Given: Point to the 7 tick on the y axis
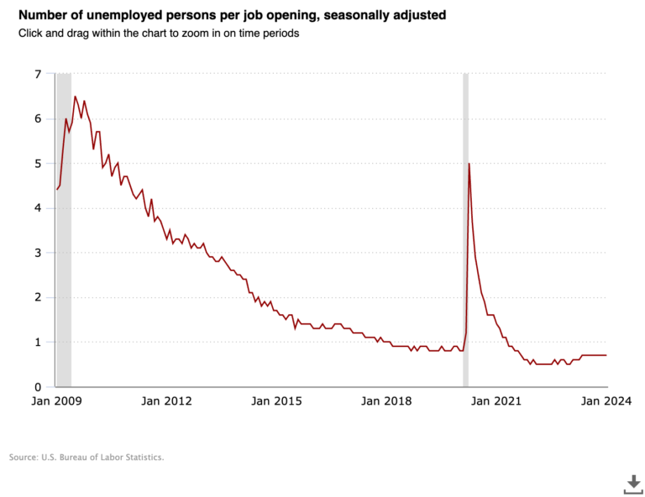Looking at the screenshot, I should pyautogui.click(x=37, y=74).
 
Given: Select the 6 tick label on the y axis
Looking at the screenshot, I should pyautogui.click(x=37, y=118).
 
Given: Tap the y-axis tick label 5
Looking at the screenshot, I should pyautogui.click(x=37, y=164).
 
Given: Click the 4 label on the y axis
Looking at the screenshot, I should pyautogui.click(x=37, y=208).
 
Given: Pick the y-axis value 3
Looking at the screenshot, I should pyautogui.click(x=37, y=253).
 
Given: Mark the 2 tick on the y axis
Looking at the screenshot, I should pyautogui.click(x=37, y=297).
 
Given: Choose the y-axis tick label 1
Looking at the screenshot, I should pyautogui.click(x=37, y=343).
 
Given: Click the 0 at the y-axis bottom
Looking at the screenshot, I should pyautogui.click(x=37, y=387).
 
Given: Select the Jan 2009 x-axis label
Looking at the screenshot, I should pyautogui.click(x=56, y=401).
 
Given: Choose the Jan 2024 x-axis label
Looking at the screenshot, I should pyautogui.click(x=604, y=401).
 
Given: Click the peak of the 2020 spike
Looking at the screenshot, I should pyautogui.click(x=469, y=164).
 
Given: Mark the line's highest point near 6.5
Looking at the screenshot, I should pyautogui.click(x=75, y=97).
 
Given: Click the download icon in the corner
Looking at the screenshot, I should pyautogui.click(x=632, y=484).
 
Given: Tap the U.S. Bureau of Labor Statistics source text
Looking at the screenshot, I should pyautogui.click(x=87, y=458).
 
